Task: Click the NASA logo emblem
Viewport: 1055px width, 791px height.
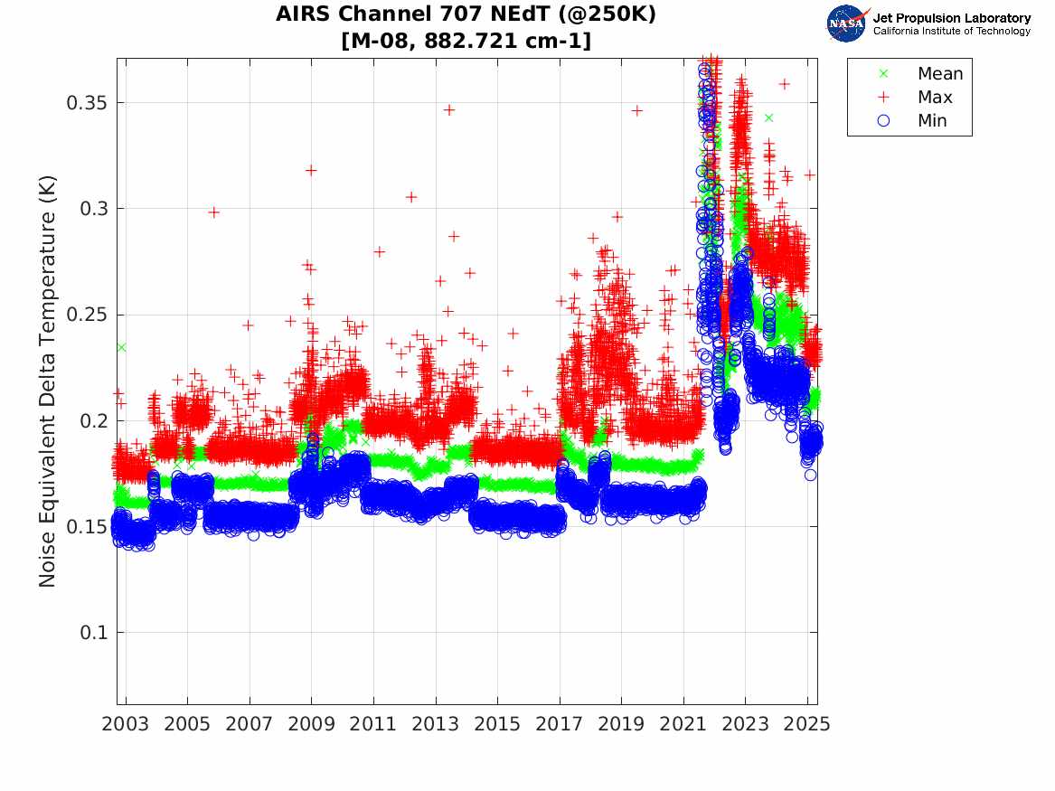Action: pyautogui.click(x=847, y=23)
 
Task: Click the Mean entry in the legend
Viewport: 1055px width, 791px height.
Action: pyautogui.click(x=940, y=74)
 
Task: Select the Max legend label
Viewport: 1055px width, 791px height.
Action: pyautogui.click(x=935, y=98)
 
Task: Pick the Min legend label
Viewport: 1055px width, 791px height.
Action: pyautogui.click(x=933, y=121)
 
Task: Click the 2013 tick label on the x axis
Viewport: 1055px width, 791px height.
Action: pyautogui.click(x=436, y=723)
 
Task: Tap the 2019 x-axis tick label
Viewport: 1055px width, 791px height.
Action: pyautogui.click(x=622, y=723)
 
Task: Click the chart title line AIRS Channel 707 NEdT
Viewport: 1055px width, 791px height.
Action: pyautogui.click(x=466, y=15)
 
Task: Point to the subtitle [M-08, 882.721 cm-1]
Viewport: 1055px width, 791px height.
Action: pyautogui.click(x=466, y=41)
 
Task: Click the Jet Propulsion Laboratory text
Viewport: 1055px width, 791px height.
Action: pyautogui.click(x=951, y=17)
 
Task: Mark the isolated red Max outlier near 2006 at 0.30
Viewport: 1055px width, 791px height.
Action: pyautogui.click(x=214, y=212)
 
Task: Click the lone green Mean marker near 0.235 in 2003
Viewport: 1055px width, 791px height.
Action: pyautogui.click(x=121, y=347)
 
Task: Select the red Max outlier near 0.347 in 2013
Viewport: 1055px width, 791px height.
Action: pyautogui.click(x=448, y=109)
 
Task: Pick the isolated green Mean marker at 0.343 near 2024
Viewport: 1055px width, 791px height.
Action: pyautogui.click(x=768, y=118)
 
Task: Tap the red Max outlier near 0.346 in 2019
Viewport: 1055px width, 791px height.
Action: pyautogui.click(x=637, y=110)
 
